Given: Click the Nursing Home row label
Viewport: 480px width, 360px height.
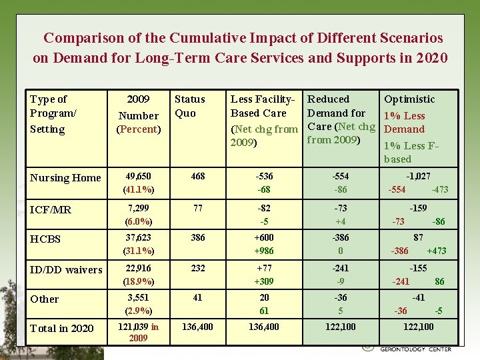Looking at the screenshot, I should coord(65,178).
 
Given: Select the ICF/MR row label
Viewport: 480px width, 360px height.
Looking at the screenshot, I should coord(51,209).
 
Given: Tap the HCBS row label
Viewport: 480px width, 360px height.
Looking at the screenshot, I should coord(45,239).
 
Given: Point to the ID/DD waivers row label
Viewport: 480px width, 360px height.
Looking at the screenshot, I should coord(66,269).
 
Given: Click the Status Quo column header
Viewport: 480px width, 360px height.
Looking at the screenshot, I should coord(189,106).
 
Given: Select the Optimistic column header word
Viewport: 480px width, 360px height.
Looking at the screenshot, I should coord(409,99).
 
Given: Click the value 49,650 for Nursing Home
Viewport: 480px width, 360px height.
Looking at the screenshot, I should coord(138,177).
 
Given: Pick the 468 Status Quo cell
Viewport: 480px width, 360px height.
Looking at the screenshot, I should coord(197,177).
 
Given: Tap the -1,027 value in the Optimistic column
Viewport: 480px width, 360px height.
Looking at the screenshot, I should coord(418,177).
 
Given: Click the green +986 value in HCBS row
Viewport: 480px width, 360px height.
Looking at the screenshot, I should coord(264,251).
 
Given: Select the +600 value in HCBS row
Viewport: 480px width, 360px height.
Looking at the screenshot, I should coord(264,237).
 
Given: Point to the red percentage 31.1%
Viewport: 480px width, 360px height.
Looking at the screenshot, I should coord(138,251).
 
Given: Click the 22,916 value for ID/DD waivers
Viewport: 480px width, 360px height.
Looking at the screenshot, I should coord(138,268).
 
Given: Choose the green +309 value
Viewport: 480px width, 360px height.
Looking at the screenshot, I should coord(264,281).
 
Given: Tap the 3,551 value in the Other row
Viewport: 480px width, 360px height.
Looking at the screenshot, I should coord(138,297).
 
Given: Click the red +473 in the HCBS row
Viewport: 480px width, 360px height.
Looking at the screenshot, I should coord(437,251).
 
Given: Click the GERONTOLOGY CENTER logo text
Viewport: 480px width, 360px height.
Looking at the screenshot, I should coord(415,349).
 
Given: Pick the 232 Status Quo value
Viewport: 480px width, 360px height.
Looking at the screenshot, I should coord(197,268).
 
